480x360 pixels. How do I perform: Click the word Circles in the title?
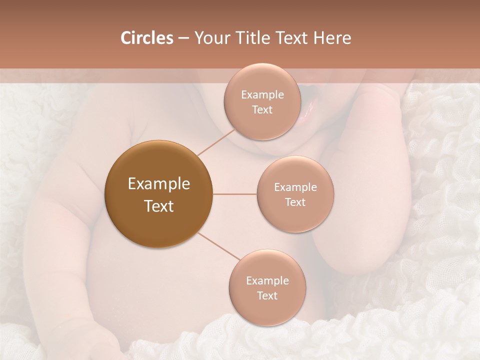[x=146, y=38]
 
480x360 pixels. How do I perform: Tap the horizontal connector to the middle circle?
[x=234, y=194]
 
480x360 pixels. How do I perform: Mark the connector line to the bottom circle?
[x=218, y=246]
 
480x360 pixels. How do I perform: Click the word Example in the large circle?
[x=158, y=184]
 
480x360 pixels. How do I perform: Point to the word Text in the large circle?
[x=158, y=206]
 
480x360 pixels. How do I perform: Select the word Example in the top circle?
[x=262, y=95]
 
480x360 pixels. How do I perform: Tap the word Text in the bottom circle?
[x=267, y=295]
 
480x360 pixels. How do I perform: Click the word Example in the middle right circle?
[x=295, y=187]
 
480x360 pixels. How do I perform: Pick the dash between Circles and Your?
[x=183, y=38]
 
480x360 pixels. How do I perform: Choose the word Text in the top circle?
[x=262, y=110]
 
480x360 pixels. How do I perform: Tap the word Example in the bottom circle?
[x=267, y=280]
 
